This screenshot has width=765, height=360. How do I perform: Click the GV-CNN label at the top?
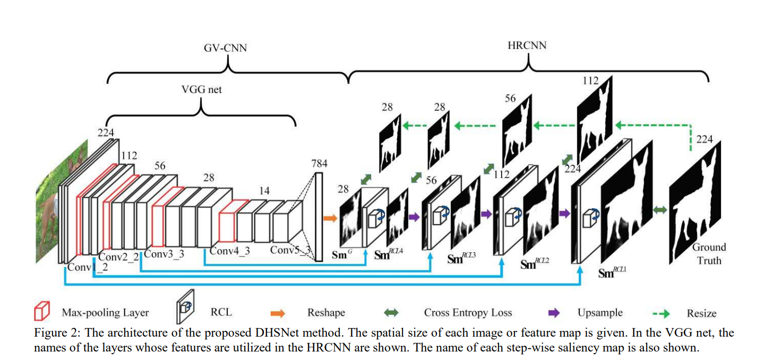226,48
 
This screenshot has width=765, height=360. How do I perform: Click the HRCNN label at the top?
527,46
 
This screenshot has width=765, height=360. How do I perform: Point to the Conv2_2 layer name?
119,257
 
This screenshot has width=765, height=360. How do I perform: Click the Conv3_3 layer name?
164,254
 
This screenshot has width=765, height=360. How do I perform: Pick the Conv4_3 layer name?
229,251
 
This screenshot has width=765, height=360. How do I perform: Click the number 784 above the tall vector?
319,164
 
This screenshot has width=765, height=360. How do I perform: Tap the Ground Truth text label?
709,254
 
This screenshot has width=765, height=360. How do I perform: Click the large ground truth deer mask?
695,202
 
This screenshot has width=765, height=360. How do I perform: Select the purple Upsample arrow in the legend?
553,313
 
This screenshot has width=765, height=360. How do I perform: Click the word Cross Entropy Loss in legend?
468,313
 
